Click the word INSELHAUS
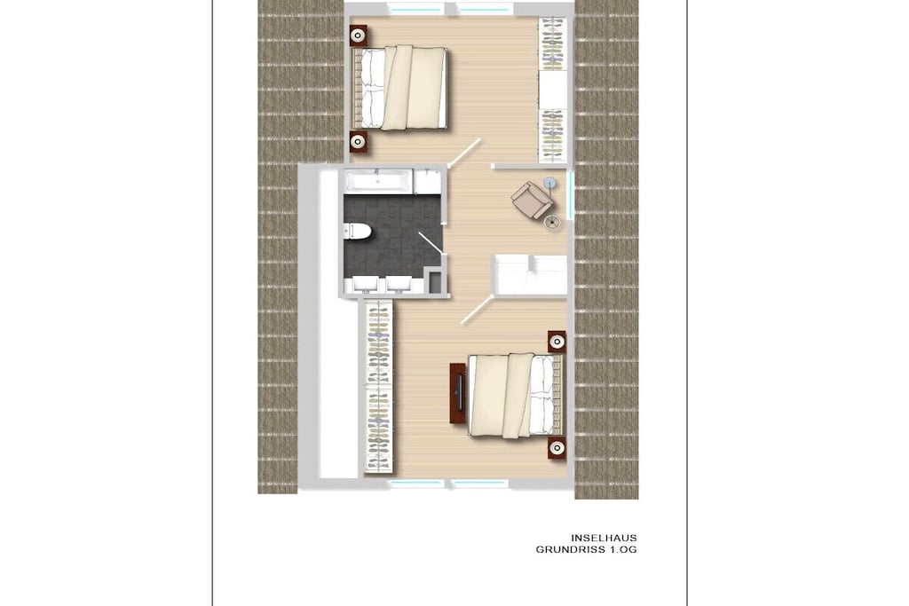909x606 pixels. (604, 538)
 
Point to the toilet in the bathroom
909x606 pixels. (357, 232)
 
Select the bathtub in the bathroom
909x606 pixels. (379, 181)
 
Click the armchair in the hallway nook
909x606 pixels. (531, 199)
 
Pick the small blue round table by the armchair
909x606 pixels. (550, 184)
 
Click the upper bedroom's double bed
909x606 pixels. (399, 88)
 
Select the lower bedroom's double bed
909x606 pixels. (516, 395)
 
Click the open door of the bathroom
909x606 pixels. (431, 243)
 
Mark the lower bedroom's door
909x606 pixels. (477, 310)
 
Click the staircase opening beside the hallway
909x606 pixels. (530, 275)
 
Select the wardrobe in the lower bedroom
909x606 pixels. (379, 387)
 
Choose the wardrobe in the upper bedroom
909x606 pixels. (552, 90)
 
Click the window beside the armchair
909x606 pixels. (571, 194)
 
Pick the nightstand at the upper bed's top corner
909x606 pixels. (359, 35)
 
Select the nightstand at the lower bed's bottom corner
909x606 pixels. (557, 447)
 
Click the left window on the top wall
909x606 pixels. (416, 9)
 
